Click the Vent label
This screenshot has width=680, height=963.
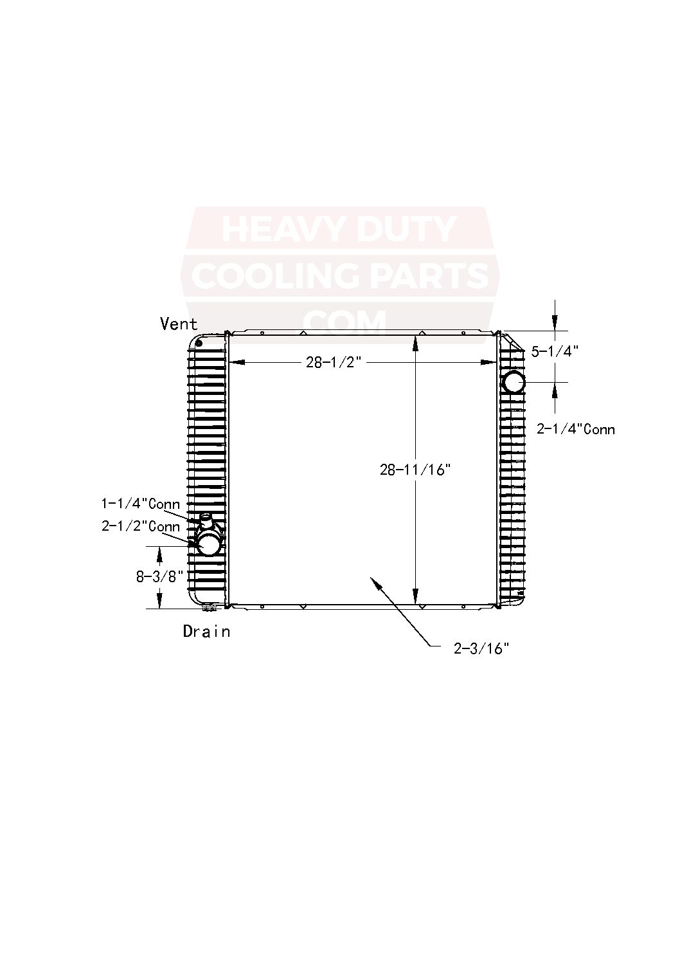(179, 324)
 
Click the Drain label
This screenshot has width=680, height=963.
(206, 632)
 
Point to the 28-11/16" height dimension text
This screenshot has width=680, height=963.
(415, 470)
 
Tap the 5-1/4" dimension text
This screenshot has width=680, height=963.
(555, 351)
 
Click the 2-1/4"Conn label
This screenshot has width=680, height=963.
(575, 429)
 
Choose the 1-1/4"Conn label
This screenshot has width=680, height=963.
(140, 504)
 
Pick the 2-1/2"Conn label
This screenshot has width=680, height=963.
(140, 526)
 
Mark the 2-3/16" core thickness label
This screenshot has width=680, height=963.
(481, 648)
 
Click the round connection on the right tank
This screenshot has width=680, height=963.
(514, 382)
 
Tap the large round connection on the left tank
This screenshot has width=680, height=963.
(209, 545)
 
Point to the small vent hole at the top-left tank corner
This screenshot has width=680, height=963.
(199, 342)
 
